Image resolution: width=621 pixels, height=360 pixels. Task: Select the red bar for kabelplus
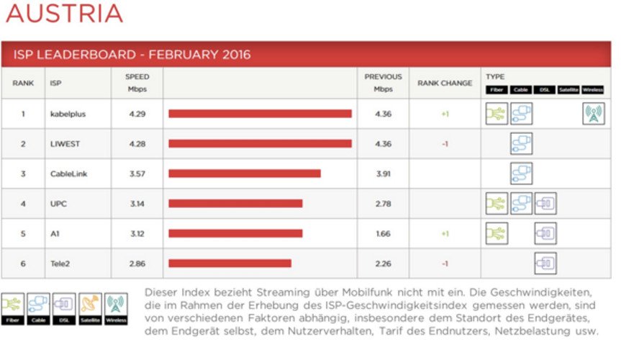click(260, 114)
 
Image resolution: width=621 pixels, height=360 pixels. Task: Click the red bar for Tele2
click(230, 264)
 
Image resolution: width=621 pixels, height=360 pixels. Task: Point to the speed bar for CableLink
click(245, 174)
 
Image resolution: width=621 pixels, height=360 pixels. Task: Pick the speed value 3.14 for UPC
click(137, 204)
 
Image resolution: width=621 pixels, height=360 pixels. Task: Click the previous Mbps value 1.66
click(383, 234)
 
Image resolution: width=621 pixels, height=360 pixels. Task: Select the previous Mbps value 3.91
click(383, 174)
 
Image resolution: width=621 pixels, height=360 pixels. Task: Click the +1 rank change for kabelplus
click(445, 114)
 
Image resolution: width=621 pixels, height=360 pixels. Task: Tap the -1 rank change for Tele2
click(445, 264)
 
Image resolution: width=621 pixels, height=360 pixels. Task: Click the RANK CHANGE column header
click(445, 84)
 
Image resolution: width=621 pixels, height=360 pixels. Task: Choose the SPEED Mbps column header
click(137, 83)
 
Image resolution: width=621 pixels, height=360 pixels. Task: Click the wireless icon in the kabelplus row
click(593, 114)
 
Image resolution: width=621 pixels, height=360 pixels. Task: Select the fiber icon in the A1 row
click(497, 233)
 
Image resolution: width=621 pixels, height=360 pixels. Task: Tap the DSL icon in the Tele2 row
click(545, 264)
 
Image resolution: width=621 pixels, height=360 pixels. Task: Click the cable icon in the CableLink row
click(521, 174)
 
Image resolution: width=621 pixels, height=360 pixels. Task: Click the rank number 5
click(23, 234)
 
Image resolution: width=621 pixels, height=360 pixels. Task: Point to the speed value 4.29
click(137, 114)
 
